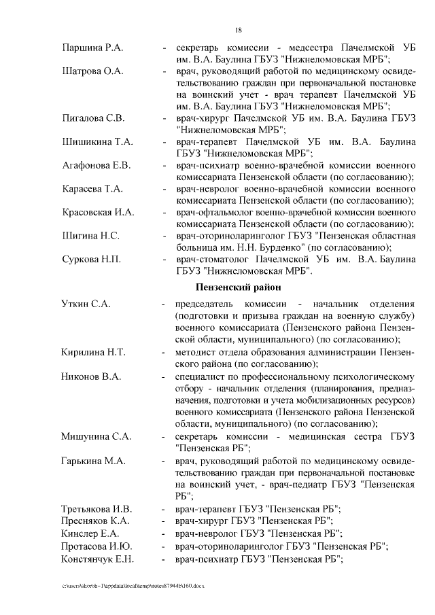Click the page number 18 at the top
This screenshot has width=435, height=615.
click(238, 30)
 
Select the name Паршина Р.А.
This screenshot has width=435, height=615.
click(91, 49)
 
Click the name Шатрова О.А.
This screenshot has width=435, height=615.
click(92, 71)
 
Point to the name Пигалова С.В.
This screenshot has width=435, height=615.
click(92, 118)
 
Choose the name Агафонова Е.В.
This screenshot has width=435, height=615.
click(96, 165)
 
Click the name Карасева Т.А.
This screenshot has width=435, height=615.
click(92, 188)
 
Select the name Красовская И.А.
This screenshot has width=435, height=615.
click(97, 212)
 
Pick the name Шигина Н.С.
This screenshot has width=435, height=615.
click(90, 236)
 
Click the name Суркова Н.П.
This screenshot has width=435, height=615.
click(91, 259)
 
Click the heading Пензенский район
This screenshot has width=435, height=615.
click(234, 287)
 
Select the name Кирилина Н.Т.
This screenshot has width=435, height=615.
click(93, 352)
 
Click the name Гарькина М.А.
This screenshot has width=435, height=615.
click(93, 461)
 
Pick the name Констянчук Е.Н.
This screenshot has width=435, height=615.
click(97, 559)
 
